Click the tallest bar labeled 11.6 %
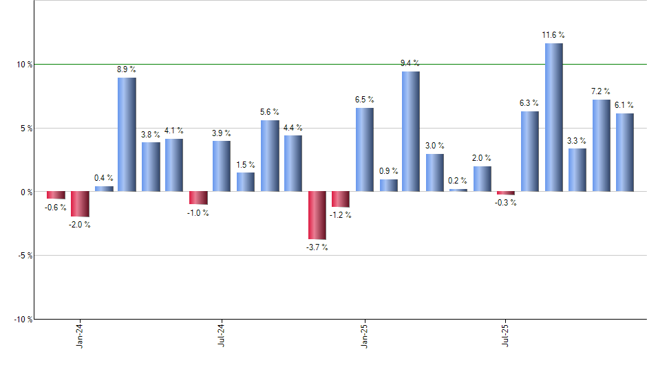click(553, 117)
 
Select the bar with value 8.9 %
click(127, 134)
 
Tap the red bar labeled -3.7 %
click(317, 215)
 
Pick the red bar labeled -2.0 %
click(80, 204)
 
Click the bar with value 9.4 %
click(411, 131)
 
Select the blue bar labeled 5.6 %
click(269, 155)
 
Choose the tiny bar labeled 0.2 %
click(458, 190)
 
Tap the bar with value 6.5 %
click(364, 150)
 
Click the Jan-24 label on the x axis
click(80, 335)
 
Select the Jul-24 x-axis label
click(222, 335)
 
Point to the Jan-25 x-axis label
click(364, 335)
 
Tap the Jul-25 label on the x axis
click(506, 335)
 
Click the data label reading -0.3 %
click(506, 203)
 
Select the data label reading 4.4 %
click(293, 128)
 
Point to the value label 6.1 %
click(624, 105)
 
